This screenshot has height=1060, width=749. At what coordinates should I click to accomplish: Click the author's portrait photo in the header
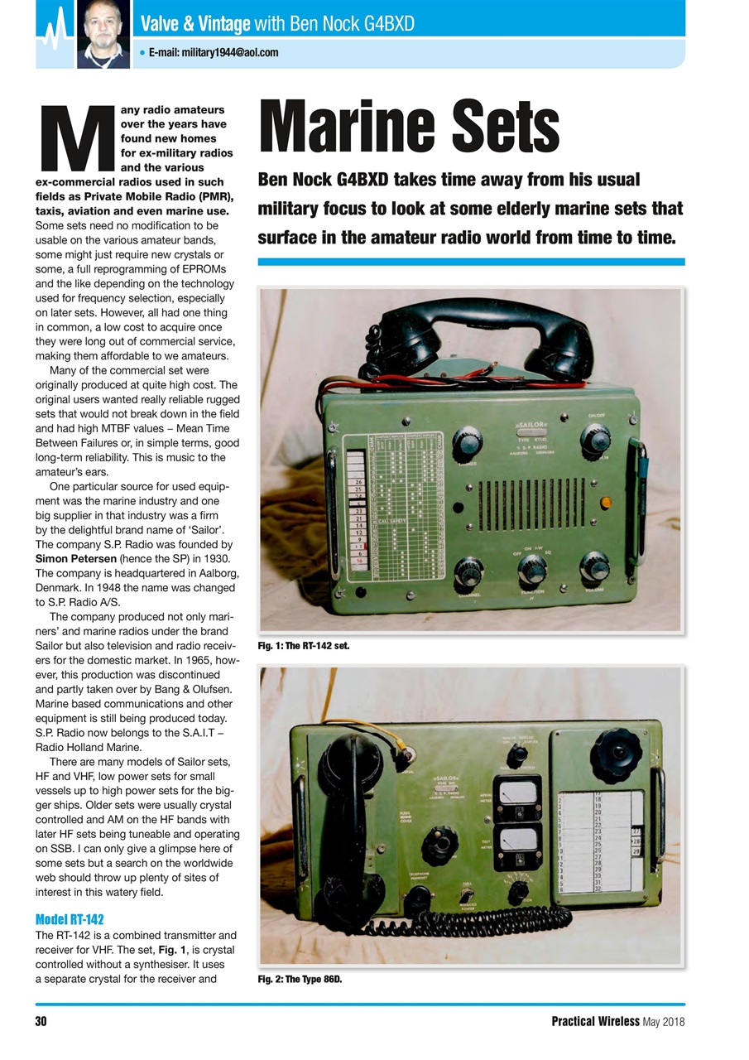(103, 33)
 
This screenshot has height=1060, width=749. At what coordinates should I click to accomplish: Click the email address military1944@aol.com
(213, 53)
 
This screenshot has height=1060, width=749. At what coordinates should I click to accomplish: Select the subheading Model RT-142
(70, 919)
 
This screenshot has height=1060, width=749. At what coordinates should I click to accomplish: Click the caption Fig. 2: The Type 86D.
(300, 980)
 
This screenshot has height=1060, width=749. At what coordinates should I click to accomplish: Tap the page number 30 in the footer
(41, 1021)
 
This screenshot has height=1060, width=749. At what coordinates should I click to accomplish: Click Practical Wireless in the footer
(595, 1021)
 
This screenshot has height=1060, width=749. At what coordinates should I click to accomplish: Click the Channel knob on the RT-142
(469, 571)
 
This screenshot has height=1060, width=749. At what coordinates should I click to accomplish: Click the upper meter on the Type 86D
(517, 795)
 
